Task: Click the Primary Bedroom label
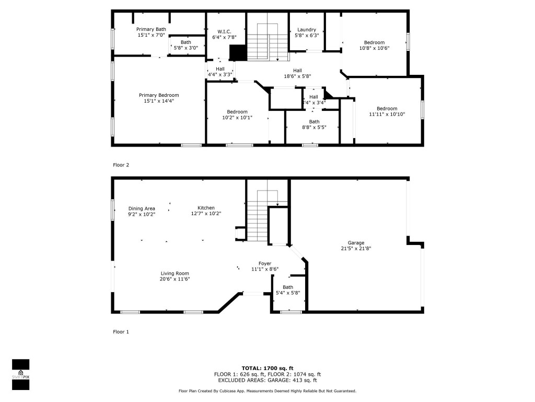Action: coord(158,95)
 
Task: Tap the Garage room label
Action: coord(356,243)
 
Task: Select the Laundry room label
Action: coord(306,30)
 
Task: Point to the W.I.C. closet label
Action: coord(220,31)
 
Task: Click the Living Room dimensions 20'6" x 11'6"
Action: coord(175,279)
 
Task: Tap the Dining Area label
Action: coord(142,208)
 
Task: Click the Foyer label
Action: coord(265,263)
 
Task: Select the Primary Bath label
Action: coord(150,29)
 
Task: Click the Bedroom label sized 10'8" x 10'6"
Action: coord(374,42)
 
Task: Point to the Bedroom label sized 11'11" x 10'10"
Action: coord(387,109)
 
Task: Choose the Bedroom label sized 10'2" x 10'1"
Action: coord(237,111)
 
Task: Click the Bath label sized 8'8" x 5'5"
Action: coord(314,121)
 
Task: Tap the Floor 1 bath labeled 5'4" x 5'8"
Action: coord(288,287)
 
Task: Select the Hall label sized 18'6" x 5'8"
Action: coord(297,71)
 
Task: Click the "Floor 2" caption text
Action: coord(121,165)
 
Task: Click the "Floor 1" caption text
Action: coord(121,332)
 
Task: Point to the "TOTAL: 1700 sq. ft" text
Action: coord(267,368)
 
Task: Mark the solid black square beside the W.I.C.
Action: coord(238,53)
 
